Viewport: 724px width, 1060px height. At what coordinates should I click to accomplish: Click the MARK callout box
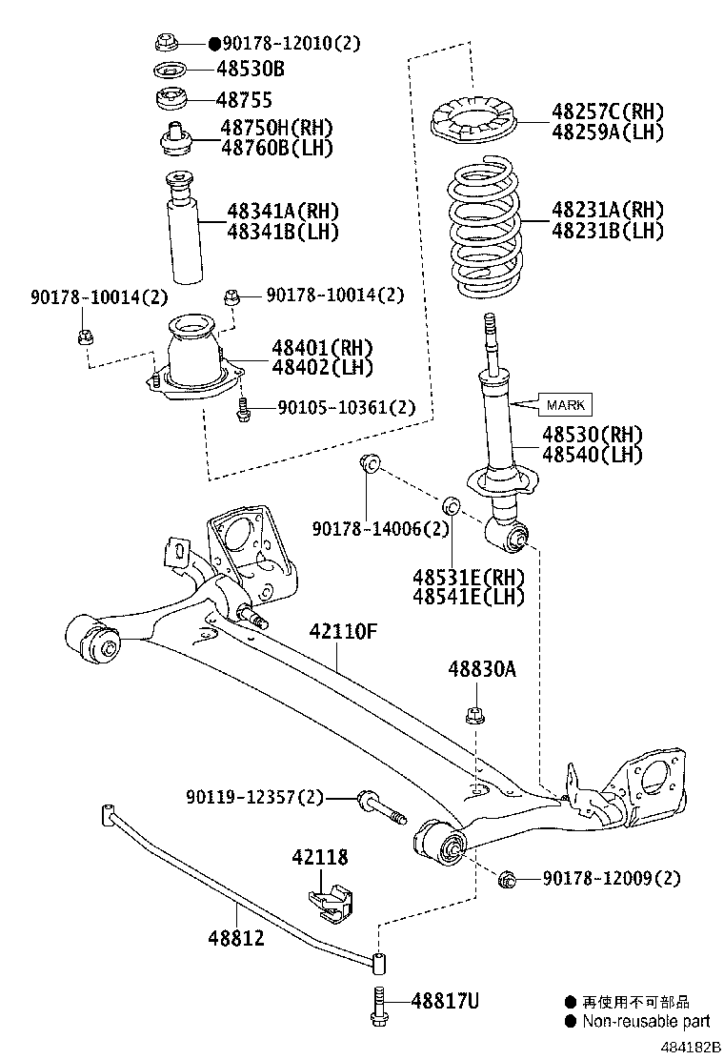coord(566,405)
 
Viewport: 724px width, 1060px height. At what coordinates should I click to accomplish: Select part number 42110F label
coord(343,631)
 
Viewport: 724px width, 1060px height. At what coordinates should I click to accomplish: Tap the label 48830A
coord(482,670)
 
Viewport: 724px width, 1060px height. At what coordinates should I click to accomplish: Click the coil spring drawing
coord(486,230)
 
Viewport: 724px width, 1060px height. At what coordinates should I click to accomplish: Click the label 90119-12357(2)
coord(255,796)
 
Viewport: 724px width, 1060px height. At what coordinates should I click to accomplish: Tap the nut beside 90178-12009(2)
coord(506,878)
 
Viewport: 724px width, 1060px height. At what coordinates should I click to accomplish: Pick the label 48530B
coord(250,69)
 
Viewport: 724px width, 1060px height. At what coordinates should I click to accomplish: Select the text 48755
coord(244,99)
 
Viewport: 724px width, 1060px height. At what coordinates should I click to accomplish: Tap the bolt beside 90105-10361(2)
coord(242,408)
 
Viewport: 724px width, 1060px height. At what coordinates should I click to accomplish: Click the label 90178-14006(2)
coord(380,528)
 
